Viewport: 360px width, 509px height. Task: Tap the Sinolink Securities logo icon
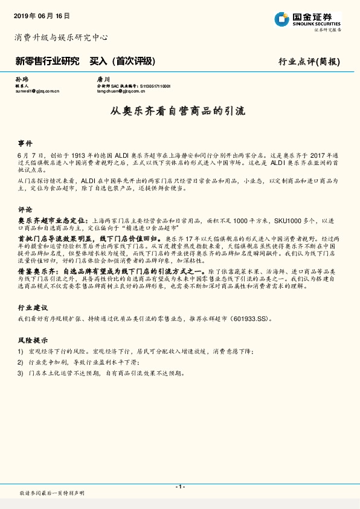[x=281, y=19]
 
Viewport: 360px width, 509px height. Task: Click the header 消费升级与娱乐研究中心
[x=61, y=37]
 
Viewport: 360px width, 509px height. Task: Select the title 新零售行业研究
[x=47, y=61]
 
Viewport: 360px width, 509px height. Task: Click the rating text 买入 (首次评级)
[x=123, y=61]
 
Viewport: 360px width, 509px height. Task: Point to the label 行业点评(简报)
[x=309, y=62]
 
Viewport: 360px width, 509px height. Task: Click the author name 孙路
[x=21, y=79]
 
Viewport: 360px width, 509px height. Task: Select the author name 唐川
[x=103, y=79]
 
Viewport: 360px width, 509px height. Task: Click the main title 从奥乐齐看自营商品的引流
[x=179, y=111]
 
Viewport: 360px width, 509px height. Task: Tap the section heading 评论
[x=25, y=210]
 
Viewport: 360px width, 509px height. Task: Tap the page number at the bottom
[x=179, y=487]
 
